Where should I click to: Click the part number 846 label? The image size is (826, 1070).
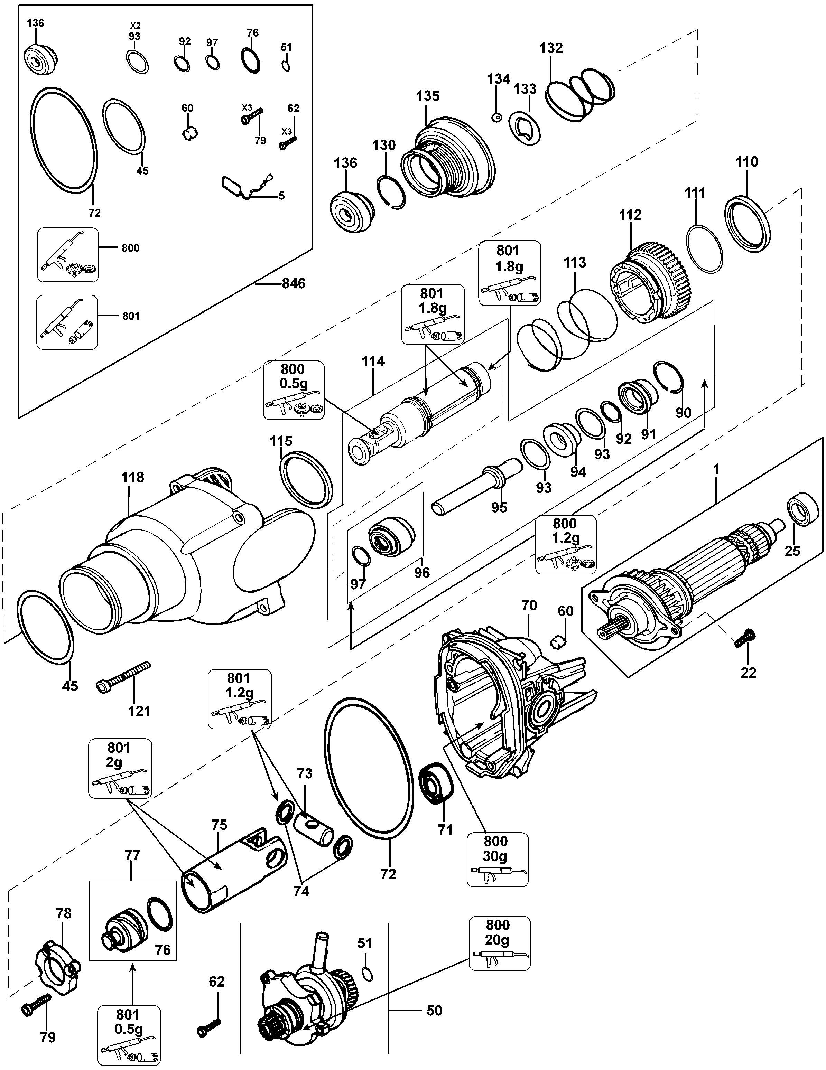point(293,283)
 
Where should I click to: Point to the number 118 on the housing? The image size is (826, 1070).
point(132,477)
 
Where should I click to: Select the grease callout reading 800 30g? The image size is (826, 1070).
point(497,859)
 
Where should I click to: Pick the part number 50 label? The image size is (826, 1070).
point(434,1010)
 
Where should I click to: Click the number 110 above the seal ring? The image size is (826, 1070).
point(746,162)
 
